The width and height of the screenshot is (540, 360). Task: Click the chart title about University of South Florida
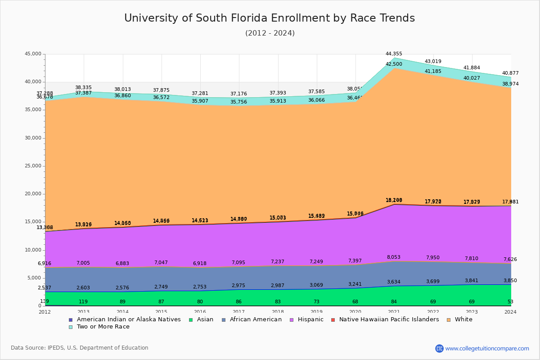[x=270, y=18]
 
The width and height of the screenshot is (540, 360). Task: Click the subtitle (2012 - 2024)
[x=270, y=33]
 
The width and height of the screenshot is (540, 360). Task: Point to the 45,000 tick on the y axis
[x=33, y=54]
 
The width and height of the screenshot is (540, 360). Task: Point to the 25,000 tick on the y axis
[x=33, y=166]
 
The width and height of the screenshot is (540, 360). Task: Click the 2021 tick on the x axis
[x=394, y=312]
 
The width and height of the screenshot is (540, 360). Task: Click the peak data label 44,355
[x=394, y=54]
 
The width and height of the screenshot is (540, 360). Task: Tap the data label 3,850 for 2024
[x=510, y=280]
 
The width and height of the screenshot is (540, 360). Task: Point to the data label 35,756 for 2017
[x=238, y=102]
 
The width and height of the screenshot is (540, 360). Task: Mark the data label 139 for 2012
[x=45, y=301]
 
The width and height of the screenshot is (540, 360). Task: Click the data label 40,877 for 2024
[x=510, y=73]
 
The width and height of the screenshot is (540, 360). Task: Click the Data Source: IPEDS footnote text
[x=80, y=348]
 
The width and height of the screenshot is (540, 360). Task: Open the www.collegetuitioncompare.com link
[x=487, y=348]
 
